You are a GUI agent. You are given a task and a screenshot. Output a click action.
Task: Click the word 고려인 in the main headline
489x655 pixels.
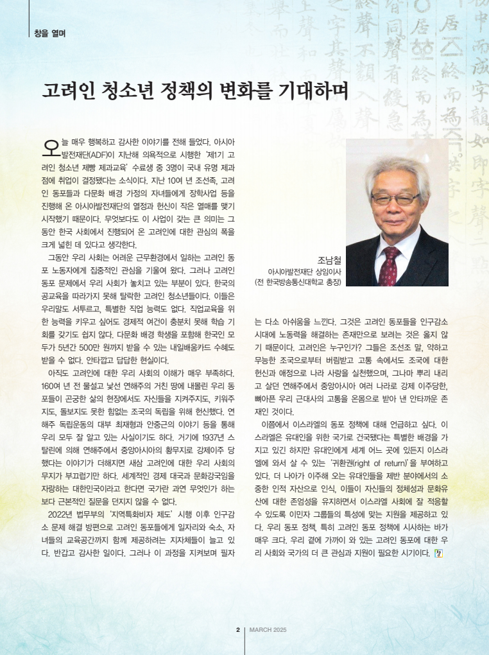pyautogui.click(x=68, y=90)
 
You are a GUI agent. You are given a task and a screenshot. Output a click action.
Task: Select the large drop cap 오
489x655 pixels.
pyautogui.click(x=49, y=146)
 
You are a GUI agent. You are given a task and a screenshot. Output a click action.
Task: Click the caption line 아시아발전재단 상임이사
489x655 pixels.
pyautogui.click(x=304, y=272)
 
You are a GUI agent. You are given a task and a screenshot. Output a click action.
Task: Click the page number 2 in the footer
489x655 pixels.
pyautogui.click(x=237, y=629)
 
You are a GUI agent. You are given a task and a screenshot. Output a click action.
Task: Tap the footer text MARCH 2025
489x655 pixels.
pyautogui.click(x=268, y=629)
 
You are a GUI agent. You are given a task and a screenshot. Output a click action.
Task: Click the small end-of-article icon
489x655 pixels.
pyautogui.click(x=438, y=553)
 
